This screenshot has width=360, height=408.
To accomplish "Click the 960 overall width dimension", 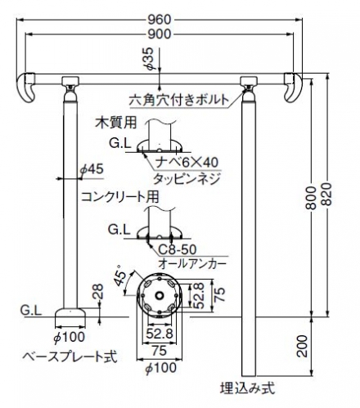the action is [160, 20].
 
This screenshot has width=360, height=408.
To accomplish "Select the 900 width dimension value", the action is [160, 34].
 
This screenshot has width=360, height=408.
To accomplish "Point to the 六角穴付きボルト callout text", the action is [178, 100].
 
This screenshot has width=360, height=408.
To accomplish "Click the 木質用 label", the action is [115, 123].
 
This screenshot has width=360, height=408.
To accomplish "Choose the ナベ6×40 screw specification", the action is [187, 163].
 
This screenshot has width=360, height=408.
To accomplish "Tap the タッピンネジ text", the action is [187, 179].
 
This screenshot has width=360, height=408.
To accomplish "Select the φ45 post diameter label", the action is [92, 169].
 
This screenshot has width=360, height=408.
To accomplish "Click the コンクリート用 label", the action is [120, 196].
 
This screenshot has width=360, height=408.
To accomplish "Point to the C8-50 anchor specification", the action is [178, 249].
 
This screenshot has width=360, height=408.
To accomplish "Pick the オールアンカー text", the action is [192, 263].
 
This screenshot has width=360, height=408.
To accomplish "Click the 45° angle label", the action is [120, 275].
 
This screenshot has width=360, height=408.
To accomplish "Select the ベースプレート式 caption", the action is [70, 356].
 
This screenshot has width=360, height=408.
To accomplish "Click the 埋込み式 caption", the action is [247, 388].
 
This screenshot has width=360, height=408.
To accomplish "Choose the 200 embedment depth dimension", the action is [302, 346].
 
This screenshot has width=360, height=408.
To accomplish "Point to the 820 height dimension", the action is [327, 194].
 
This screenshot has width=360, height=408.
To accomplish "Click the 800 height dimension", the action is [311, 198].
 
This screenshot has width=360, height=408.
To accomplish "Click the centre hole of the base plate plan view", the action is [159, 295].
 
